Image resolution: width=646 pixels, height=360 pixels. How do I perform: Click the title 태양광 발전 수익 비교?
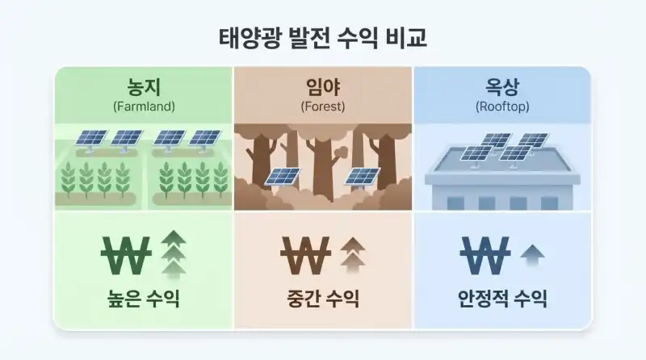pyautogui.click(x=322, y=37)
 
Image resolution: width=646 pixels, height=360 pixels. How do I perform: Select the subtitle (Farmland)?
pyautogui.click(x=144, y=106)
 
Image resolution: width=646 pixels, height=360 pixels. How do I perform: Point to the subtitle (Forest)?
pyautogui.click(x=323, y=106)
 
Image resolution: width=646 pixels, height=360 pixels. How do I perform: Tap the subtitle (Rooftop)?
pyautogui.click(x=502, y=106)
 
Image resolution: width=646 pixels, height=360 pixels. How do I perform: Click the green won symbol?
pyautogui.click(x=126, y=254)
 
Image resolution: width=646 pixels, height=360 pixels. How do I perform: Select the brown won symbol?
pyautogui.click(x=306, y=254)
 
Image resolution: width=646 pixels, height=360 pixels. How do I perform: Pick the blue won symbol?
pyautogui.click(x=485, y=254)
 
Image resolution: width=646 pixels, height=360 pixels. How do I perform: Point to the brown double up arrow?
pyautogui.click(x=352, y=253)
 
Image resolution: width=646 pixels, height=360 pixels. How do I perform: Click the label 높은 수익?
pyautogui.click(x=144, y=300)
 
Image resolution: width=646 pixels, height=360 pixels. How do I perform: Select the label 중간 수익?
pyautogui.click(x=323, y=300)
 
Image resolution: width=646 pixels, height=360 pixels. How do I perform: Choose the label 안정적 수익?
pyautogui.click(x=502, y=300)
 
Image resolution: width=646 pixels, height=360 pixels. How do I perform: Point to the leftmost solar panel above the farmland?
pyautogui.click(x=90, y=138)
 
